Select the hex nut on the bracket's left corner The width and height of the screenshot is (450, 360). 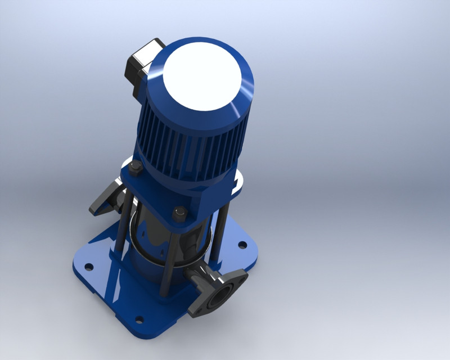click(136, 166)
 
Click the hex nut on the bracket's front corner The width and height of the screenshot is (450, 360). click(181, 213)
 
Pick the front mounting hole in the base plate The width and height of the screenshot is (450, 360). click(139, 321)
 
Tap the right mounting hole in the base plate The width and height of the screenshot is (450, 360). click(242, 245)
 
